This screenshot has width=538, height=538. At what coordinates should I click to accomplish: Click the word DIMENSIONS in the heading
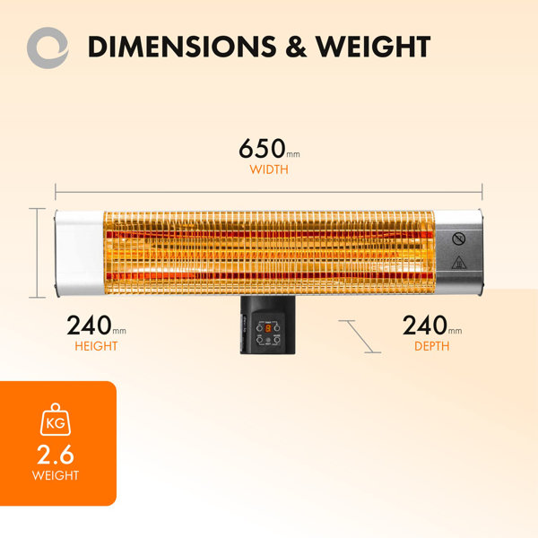coord(182,47)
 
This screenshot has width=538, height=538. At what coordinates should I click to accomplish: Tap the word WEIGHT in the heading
coord(373,47)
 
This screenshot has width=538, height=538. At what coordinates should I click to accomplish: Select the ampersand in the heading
coord(296,47)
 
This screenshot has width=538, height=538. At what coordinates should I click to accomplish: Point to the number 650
coord(262,149)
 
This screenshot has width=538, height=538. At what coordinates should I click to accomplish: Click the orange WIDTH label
coord(269,169)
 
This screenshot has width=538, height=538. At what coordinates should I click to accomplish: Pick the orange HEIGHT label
coord(96,346)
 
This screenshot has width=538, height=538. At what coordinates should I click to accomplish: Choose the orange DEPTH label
coord(431,346)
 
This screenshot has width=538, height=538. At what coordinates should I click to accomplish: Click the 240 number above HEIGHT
coord(89,325)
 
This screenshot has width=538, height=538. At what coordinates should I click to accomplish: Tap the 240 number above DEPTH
coord(425,325)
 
